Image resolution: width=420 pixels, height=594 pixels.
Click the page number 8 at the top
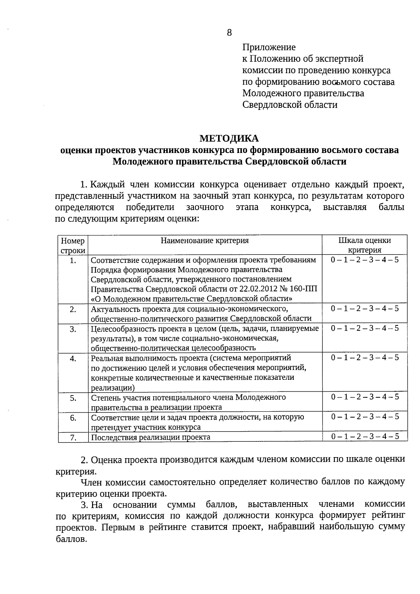pos(229,33)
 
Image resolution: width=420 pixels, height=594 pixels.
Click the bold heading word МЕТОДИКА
pos(229,139)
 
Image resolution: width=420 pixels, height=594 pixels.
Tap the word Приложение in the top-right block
pos(269,47)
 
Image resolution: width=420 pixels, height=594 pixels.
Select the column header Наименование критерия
pos(205,240)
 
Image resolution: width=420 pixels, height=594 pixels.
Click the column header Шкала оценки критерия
pos(364,245)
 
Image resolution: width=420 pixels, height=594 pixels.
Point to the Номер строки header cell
pos(73,245)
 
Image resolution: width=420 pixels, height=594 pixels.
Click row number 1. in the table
pos(73,260)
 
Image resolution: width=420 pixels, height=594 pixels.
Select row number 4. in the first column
pos(73,358)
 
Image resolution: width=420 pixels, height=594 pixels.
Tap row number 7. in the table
pos(73,438)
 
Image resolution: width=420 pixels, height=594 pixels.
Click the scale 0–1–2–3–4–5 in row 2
pos(364,308)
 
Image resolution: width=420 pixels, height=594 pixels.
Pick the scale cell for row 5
pos(364,397)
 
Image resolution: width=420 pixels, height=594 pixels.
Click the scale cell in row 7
pos(364,436)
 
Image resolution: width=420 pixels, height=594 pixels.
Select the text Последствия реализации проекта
pos(150,437)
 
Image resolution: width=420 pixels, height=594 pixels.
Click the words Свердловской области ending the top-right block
pos(290,105)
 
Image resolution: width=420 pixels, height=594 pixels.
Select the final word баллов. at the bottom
pos(71,539)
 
